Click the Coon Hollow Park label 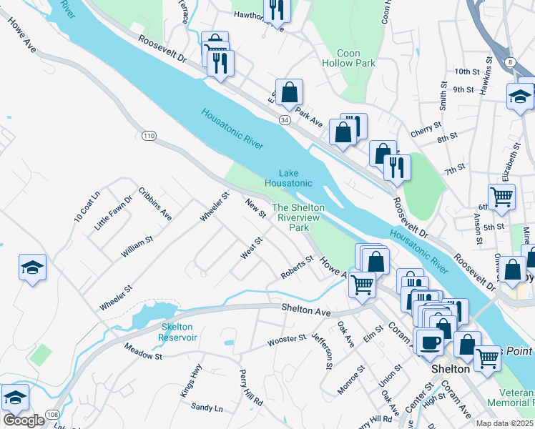click(356, 58)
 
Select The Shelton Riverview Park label click(298, 217)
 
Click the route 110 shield click(149, 135)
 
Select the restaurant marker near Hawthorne click(275, 10)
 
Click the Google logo click(24, 420)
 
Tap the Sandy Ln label click(207, 408)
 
